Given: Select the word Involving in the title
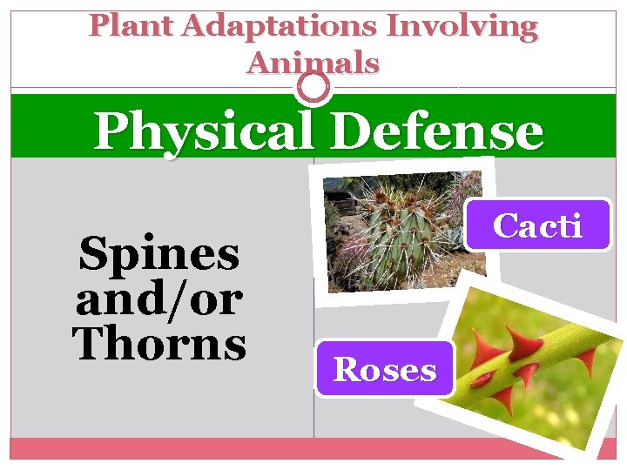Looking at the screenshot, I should tap(462, 26).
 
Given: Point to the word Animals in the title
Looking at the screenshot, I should tap(313, 63).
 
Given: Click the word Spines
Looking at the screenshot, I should tap(158, 256).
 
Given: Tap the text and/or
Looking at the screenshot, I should tap(158, 299).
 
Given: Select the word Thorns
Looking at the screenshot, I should tap(160, 342).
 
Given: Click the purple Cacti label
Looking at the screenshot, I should tap(537, 225).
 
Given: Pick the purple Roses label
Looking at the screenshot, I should tap(385, 370).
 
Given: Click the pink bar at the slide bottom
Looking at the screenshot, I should tap(313, 447).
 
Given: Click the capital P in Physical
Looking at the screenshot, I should tap(111, 132).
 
